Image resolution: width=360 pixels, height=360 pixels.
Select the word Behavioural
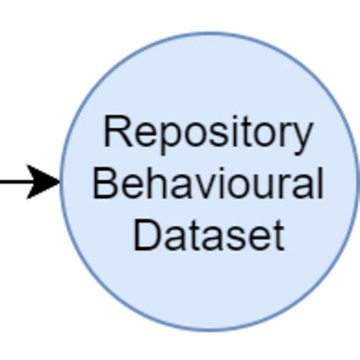[x=207, y=185]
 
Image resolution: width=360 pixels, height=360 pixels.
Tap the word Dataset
[x=208, y=235]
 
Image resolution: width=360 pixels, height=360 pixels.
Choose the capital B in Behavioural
[x=104, y=183]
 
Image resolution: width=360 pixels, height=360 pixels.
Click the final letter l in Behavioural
[x=318, y=183]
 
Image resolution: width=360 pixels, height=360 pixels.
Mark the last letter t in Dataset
[x=277, y=235]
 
